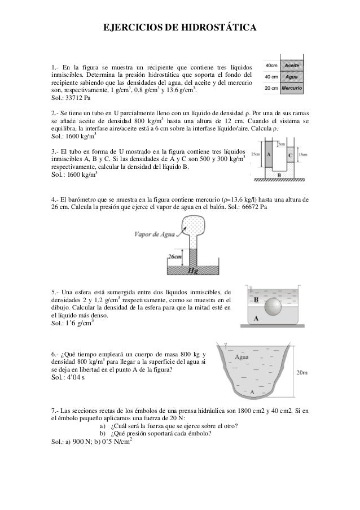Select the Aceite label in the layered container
291,66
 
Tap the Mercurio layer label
292,89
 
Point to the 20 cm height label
271,89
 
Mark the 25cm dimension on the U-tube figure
256,154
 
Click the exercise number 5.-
56,291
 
